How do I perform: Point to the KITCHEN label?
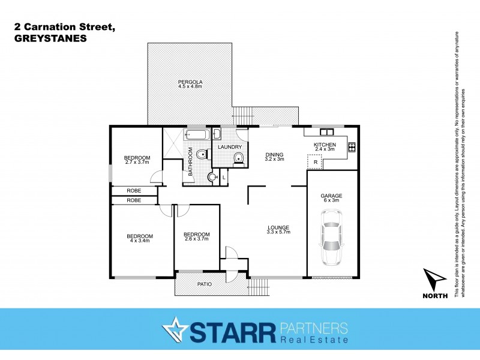[326, 145]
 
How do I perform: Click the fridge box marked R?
[315, 162]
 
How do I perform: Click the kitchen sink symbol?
[326, 131]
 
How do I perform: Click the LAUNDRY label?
[230, 147]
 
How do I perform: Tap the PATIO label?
[205, 285]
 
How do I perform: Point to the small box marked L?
[223, 177]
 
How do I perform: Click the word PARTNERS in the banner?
[313, 328]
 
